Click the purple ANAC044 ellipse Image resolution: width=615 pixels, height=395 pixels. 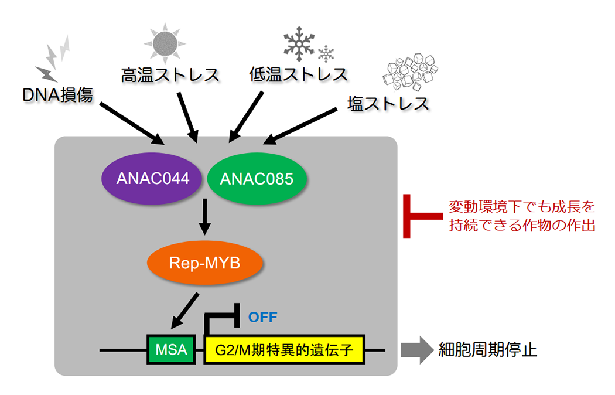(153, 179)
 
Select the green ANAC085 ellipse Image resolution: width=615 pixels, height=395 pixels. (257, 179)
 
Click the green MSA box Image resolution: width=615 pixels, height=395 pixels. (171, 350)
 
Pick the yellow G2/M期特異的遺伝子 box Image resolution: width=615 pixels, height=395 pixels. (283, 350)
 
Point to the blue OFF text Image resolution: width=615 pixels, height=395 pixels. (262, 317)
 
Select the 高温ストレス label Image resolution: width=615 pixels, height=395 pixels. (170, 75)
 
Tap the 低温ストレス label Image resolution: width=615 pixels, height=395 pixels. (298, 75)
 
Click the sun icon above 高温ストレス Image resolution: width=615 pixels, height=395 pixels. (165, 43)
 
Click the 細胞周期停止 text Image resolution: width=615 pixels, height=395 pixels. (488, 350)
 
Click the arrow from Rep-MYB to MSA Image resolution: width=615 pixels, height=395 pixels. (186, 310)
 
